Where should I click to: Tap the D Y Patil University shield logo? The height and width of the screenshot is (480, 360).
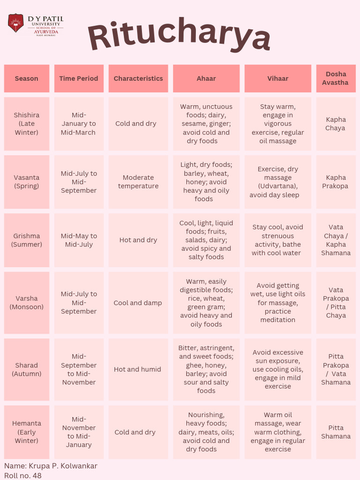pyautogui.click(x=15, y=23)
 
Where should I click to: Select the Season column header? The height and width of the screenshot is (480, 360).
pyautogui.click(x=26, y=78)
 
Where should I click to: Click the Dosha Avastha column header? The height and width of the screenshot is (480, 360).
pyautogui.click(x=336, y=78)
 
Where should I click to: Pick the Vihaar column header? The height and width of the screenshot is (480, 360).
pyautogui.click(x=277, y=78)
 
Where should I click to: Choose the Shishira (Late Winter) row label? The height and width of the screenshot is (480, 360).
pyautogui.click(x=26, y=124)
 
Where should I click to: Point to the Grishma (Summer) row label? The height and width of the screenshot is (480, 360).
pyautogui.click(x=26, y=240)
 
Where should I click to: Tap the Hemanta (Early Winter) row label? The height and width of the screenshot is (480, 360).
pyautogui.click(x=26, y=432)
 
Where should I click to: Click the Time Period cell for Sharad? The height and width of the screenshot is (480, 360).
pyautogui.click(x=79, y=369)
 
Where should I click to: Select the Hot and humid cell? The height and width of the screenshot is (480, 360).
pyautogui.click(x=138, y=369)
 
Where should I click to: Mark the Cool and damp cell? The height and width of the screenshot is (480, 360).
pyautogui.click(x=138, y=303)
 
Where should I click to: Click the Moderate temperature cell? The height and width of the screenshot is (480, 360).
pyautogui.click(x=138, y=182)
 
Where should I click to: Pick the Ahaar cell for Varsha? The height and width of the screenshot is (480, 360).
pyautogui.click(x=206, y=303)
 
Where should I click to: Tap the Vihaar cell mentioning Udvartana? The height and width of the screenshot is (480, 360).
pyautogui.click(x=277, y=182)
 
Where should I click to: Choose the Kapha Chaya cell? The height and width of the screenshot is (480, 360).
pyautogui.click(x=336, y=124)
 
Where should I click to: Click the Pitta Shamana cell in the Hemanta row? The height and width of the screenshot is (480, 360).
pyautogui.click(x=336, y=432)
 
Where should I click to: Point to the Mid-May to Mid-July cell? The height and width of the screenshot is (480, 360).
pyautogui.click(x=79, y=240)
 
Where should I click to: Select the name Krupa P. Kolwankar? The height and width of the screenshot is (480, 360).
pyautogui.click(x=51, y=466)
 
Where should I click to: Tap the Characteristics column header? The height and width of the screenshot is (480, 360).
pyautogui.click(x=138, y=78)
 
